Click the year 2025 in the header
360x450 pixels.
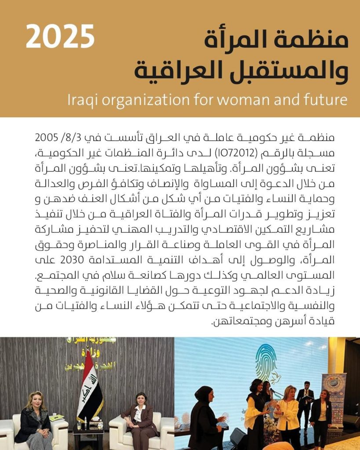click(60, 37)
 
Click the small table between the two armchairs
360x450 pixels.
click(88, 433)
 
